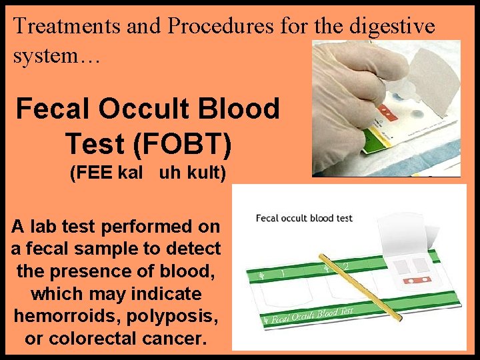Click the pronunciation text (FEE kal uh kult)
click(148, 174)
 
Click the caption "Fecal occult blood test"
click(305, 218)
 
